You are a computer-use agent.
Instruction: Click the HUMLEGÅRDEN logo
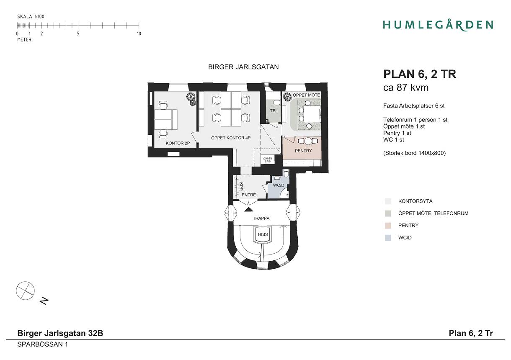[x=438, y=25]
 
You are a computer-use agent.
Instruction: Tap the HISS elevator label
[x=263, y=234]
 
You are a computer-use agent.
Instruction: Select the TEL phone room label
[x=274, y=111]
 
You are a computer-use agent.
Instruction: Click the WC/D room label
[x=279, y=185]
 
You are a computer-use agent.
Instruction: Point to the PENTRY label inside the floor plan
[x=303, y=151]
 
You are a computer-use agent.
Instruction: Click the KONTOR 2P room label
[x=178, y=143]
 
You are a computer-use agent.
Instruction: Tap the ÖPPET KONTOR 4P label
[x=231, y=138]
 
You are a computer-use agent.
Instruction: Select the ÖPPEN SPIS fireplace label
[x=268, y=160]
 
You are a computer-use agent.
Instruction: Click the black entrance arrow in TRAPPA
[x=249, y=209]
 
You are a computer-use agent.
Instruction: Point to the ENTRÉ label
[x=249, y=195]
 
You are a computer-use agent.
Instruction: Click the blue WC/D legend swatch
[x=388, y=238]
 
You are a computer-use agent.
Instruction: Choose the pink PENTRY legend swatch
[x=388, y=226]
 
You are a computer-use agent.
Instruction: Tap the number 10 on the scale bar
[x=139, y=34]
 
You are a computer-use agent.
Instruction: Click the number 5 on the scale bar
[x=78, y=34]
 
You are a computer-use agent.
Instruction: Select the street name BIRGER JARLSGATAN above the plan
[x=243, y=67]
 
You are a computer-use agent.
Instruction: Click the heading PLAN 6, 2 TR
[x=420, y=74]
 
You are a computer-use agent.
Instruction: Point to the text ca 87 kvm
[x=406, y=87]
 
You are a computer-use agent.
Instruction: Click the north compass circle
[x=25, y=291]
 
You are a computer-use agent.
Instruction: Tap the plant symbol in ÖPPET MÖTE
[x=287, y=97]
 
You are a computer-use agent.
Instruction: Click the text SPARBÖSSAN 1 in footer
[x=43, y=344]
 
